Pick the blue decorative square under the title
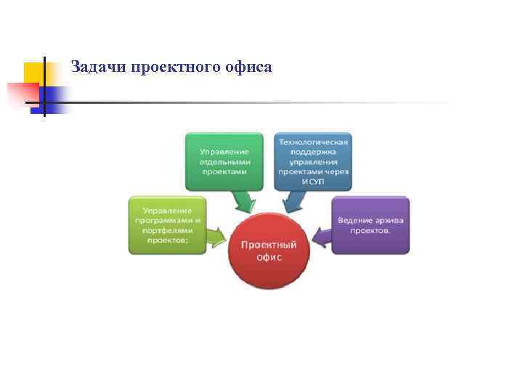[55, 99]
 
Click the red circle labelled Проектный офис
[269, 250]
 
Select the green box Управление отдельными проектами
[223, 160]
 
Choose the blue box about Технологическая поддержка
[313, 160]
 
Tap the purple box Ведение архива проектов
[370, 224]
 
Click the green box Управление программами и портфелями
[167, 224]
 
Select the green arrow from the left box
[216, 235]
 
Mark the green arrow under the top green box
[242, 199]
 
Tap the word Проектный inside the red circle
[269, 245]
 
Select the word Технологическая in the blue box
[313, 142]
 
